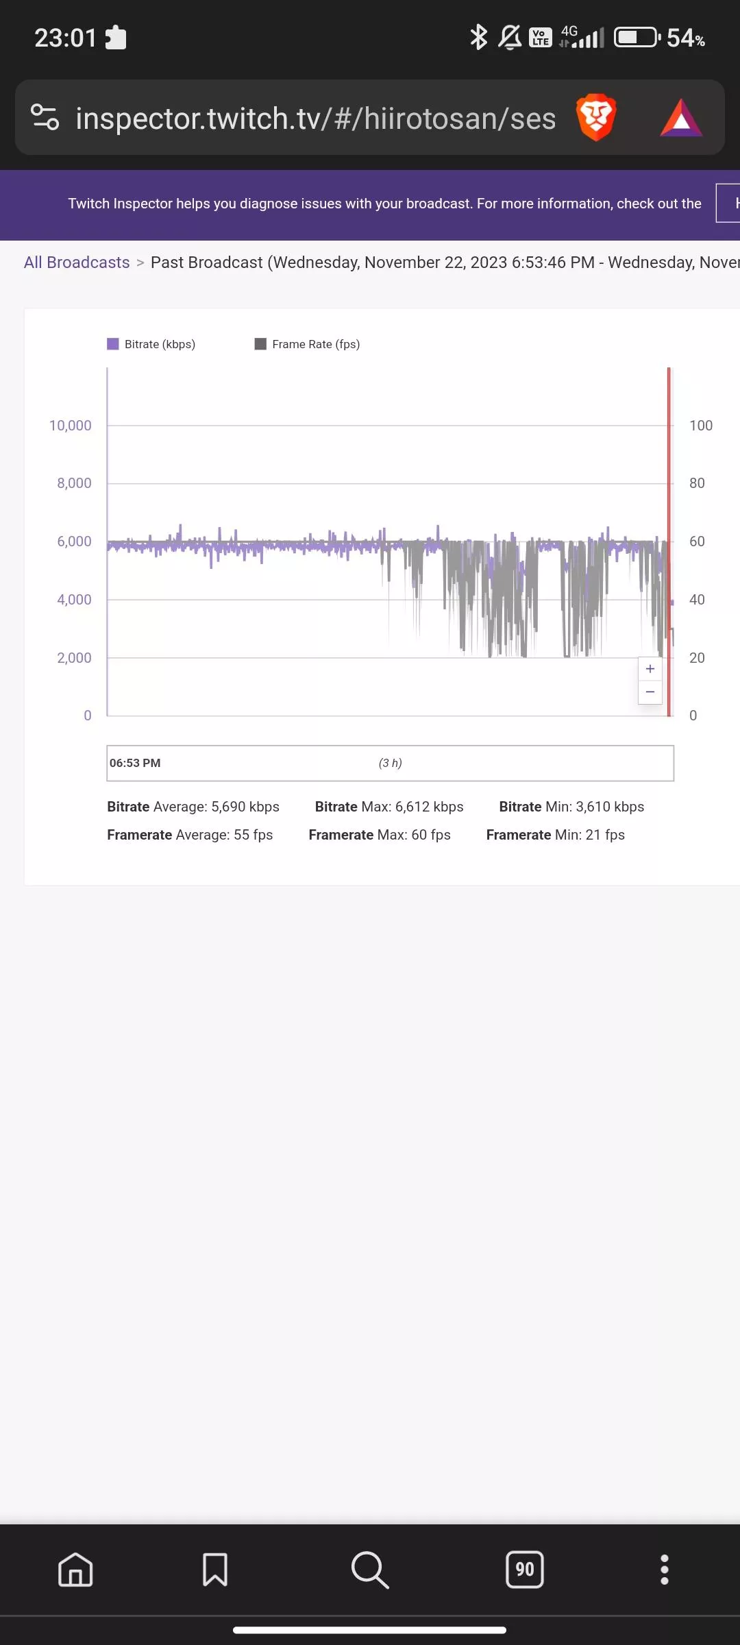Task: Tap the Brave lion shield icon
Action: point(595,118)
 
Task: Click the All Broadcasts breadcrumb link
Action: point(77,263)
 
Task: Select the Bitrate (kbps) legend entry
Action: point(151,344)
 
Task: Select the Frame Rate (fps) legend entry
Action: point(308,344)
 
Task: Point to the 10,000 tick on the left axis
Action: point(70,426)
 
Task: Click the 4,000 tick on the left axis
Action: point(74,600)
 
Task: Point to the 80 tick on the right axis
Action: point(697,483)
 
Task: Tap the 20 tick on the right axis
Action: point(697,658)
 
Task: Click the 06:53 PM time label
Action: point(135,763)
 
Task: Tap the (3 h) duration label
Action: point(391,763)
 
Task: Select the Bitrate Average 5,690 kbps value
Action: point(193,807)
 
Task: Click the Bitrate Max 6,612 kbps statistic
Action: point(389,807)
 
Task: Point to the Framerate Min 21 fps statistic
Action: point(555,835)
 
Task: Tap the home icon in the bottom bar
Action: point(75,1570)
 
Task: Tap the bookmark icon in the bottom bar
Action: point(215,1570)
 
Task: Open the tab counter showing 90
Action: point(525,1570)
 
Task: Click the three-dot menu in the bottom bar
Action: point(664,1570)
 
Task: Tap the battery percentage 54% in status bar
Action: point(685,38)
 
